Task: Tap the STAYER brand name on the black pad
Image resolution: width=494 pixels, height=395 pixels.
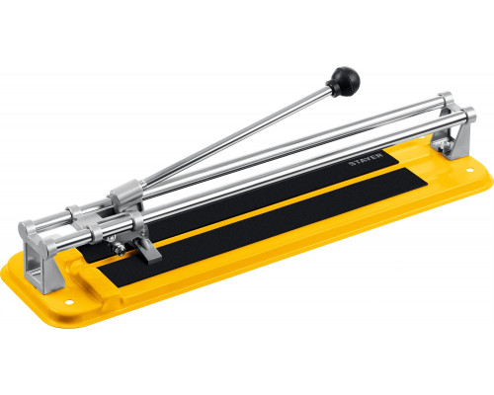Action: pyautogui.click(x=367, y=159)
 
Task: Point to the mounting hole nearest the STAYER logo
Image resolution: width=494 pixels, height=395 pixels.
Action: pyautogui.click(x=469, y=170)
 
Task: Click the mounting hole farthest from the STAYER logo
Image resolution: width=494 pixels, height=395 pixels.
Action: pyautogui.click(x=69, y=302)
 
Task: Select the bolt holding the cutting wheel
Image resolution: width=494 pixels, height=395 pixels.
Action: pyautogui.click(x=121, y=250)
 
